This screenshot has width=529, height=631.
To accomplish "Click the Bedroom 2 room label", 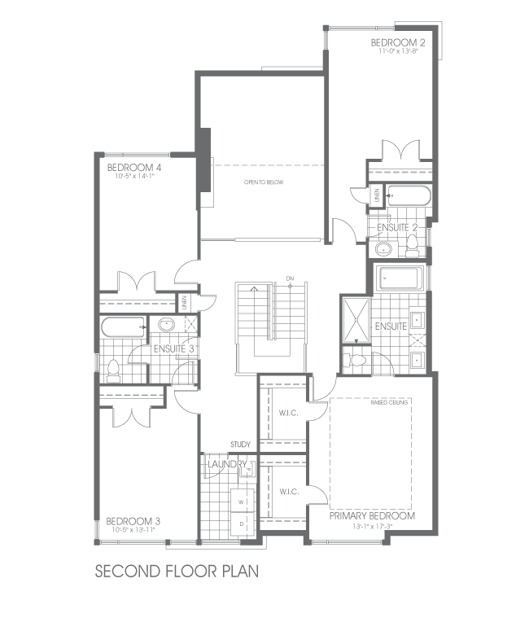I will point(398,42).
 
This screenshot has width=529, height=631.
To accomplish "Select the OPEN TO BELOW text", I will point(264,182).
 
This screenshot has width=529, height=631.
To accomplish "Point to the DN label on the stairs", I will point(290,278).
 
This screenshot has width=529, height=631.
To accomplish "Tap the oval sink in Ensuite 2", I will point(383,249).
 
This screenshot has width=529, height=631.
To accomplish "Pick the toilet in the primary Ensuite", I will point(355,359).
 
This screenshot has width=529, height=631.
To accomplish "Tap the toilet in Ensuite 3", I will point(113,370).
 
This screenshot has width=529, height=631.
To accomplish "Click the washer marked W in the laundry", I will point(243,502).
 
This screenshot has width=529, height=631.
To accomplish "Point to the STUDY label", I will point(240,445).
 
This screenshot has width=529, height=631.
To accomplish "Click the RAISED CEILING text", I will point(390,402).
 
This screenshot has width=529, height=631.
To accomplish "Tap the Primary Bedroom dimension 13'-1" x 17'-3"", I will point(373,527).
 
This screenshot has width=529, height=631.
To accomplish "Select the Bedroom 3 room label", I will point(133,521).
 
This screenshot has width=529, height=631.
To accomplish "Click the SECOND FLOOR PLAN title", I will point(177,570).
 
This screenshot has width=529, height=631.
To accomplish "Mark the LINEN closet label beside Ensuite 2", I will point(377,196).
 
